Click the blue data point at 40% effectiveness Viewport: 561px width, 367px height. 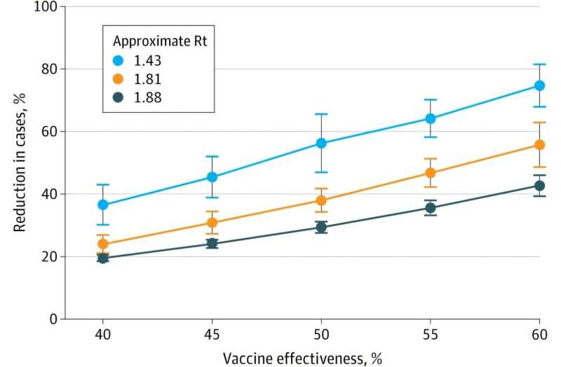pyautogui.click(x=103, y=205)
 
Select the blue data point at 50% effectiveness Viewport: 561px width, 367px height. pyautogui.click(x=322, y=143)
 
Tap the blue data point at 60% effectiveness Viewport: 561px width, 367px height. pyautogui.click(x=540, y=85)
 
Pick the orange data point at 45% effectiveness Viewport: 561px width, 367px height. pyautogui.click(x=212, y=223)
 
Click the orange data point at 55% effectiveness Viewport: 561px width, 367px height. pyautogui.click(x=431, y=173)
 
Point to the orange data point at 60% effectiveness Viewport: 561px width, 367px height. pyautogui.click(x=540, y=145)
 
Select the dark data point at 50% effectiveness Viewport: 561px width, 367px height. pyautogui.click(x=322, y=227)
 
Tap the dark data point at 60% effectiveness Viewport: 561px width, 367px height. pyautogui.click(x=540, y=186)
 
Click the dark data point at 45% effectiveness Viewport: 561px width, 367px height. pyautogui.click(x=212, y=243)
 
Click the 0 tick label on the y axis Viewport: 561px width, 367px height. pyautogui.click(x=53, y=319)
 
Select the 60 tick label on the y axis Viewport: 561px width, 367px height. pyautogui.click(x=50, y=131)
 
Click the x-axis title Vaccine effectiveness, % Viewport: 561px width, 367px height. pyautogui.click(x=302, y=359)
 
